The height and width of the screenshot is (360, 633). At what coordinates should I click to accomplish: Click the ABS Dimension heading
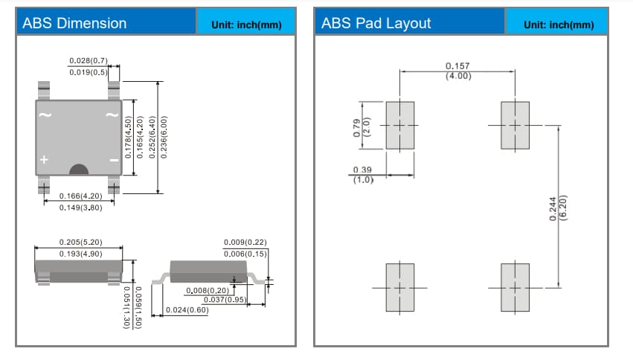[74, 23]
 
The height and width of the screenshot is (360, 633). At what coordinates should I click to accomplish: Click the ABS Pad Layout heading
[376, 23]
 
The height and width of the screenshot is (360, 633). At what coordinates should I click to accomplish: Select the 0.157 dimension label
[457, 66]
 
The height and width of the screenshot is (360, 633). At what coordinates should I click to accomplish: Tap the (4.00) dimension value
[457, 76]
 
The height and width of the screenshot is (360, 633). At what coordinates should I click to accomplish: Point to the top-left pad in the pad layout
[399, 125]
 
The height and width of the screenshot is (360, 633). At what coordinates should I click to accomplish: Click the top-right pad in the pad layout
[515, 125]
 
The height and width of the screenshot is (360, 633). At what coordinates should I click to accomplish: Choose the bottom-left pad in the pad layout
[399, 287]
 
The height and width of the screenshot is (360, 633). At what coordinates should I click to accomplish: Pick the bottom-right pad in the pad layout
[515, 287]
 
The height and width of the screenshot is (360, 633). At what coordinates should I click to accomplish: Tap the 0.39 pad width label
[362, 170]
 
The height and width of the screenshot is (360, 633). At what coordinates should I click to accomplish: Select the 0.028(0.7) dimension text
[89, 60]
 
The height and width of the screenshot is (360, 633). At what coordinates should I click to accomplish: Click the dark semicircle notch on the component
[79, 170]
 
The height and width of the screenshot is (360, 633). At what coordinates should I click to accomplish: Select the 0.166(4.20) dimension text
[80, 196]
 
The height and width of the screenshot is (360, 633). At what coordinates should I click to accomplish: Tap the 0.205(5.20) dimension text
[80, 242]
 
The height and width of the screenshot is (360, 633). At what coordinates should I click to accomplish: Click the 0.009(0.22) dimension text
[245, 242]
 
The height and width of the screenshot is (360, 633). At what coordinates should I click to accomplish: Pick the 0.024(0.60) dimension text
[187, 309]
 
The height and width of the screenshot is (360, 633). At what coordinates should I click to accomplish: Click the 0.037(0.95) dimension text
[225, 300]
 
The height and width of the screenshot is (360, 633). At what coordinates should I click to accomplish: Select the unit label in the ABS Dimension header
[246, 25]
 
